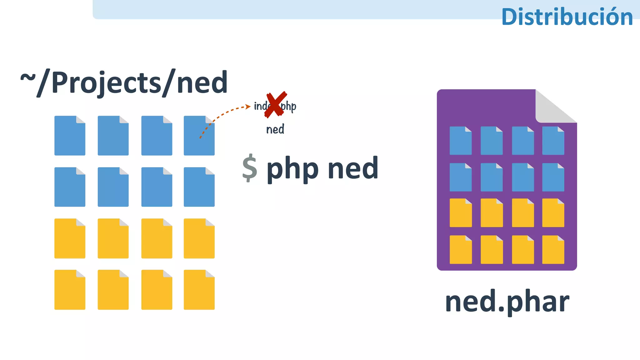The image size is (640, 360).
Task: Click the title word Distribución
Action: tap(567, 17)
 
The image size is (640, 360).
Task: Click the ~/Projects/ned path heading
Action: tap(124, 83)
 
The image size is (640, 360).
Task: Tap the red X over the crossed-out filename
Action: tap(275, 105)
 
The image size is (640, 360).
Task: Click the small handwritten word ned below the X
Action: tap(275, 129)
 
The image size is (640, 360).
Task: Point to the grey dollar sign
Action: tap(250, 168)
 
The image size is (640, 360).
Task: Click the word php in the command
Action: tap(292, 169)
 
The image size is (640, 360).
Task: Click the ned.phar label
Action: tap(507, 302)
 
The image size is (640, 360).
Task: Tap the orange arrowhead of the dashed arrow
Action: tap(248, 107)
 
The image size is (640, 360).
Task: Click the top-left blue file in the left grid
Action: tap(70, 136)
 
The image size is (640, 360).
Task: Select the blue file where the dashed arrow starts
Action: tap(199, 136)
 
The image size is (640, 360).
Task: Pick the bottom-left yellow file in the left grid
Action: tap(70, 290)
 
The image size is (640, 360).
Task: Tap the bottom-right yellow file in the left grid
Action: tap(199, 290)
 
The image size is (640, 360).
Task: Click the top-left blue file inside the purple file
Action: tap(460, 141)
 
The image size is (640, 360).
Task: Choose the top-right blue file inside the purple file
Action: tap(553, 141)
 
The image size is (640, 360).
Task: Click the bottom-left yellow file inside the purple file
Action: tap(460, 250)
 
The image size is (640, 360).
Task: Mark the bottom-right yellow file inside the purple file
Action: tap(553, 250)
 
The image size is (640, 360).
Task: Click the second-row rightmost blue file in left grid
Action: tap(199, 187)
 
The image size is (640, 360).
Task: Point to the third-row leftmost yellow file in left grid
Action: tap(70, 238)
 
